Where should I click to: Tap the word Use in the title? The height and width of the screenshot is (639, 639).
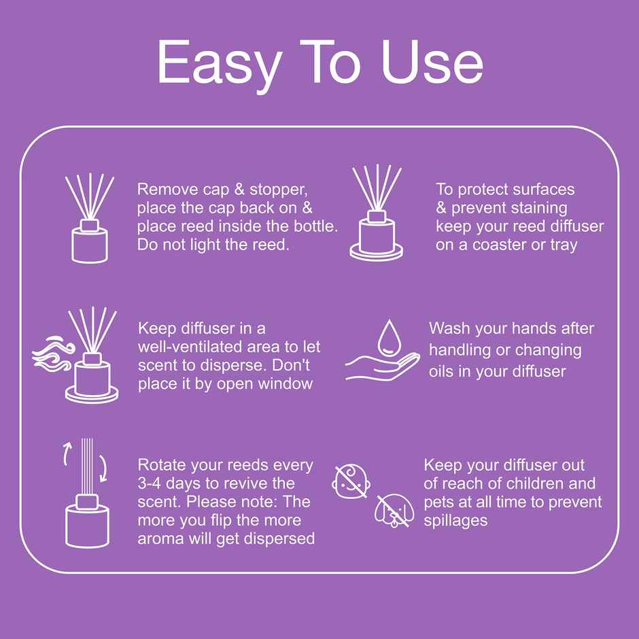coord(432,63)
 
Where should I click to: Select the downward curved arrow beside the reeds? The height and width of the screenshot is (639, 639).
coord(103,467)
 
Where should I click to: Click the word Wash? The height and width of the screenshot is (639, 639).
coord(449,329)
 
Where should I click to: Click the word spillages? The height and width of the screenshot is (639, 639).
coord(455,521)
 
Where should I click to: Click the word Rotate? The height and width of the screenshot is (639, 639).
coord(162,466)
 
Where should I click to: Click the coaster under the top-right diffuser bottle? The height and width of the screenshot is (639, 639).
coord(377,252)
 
